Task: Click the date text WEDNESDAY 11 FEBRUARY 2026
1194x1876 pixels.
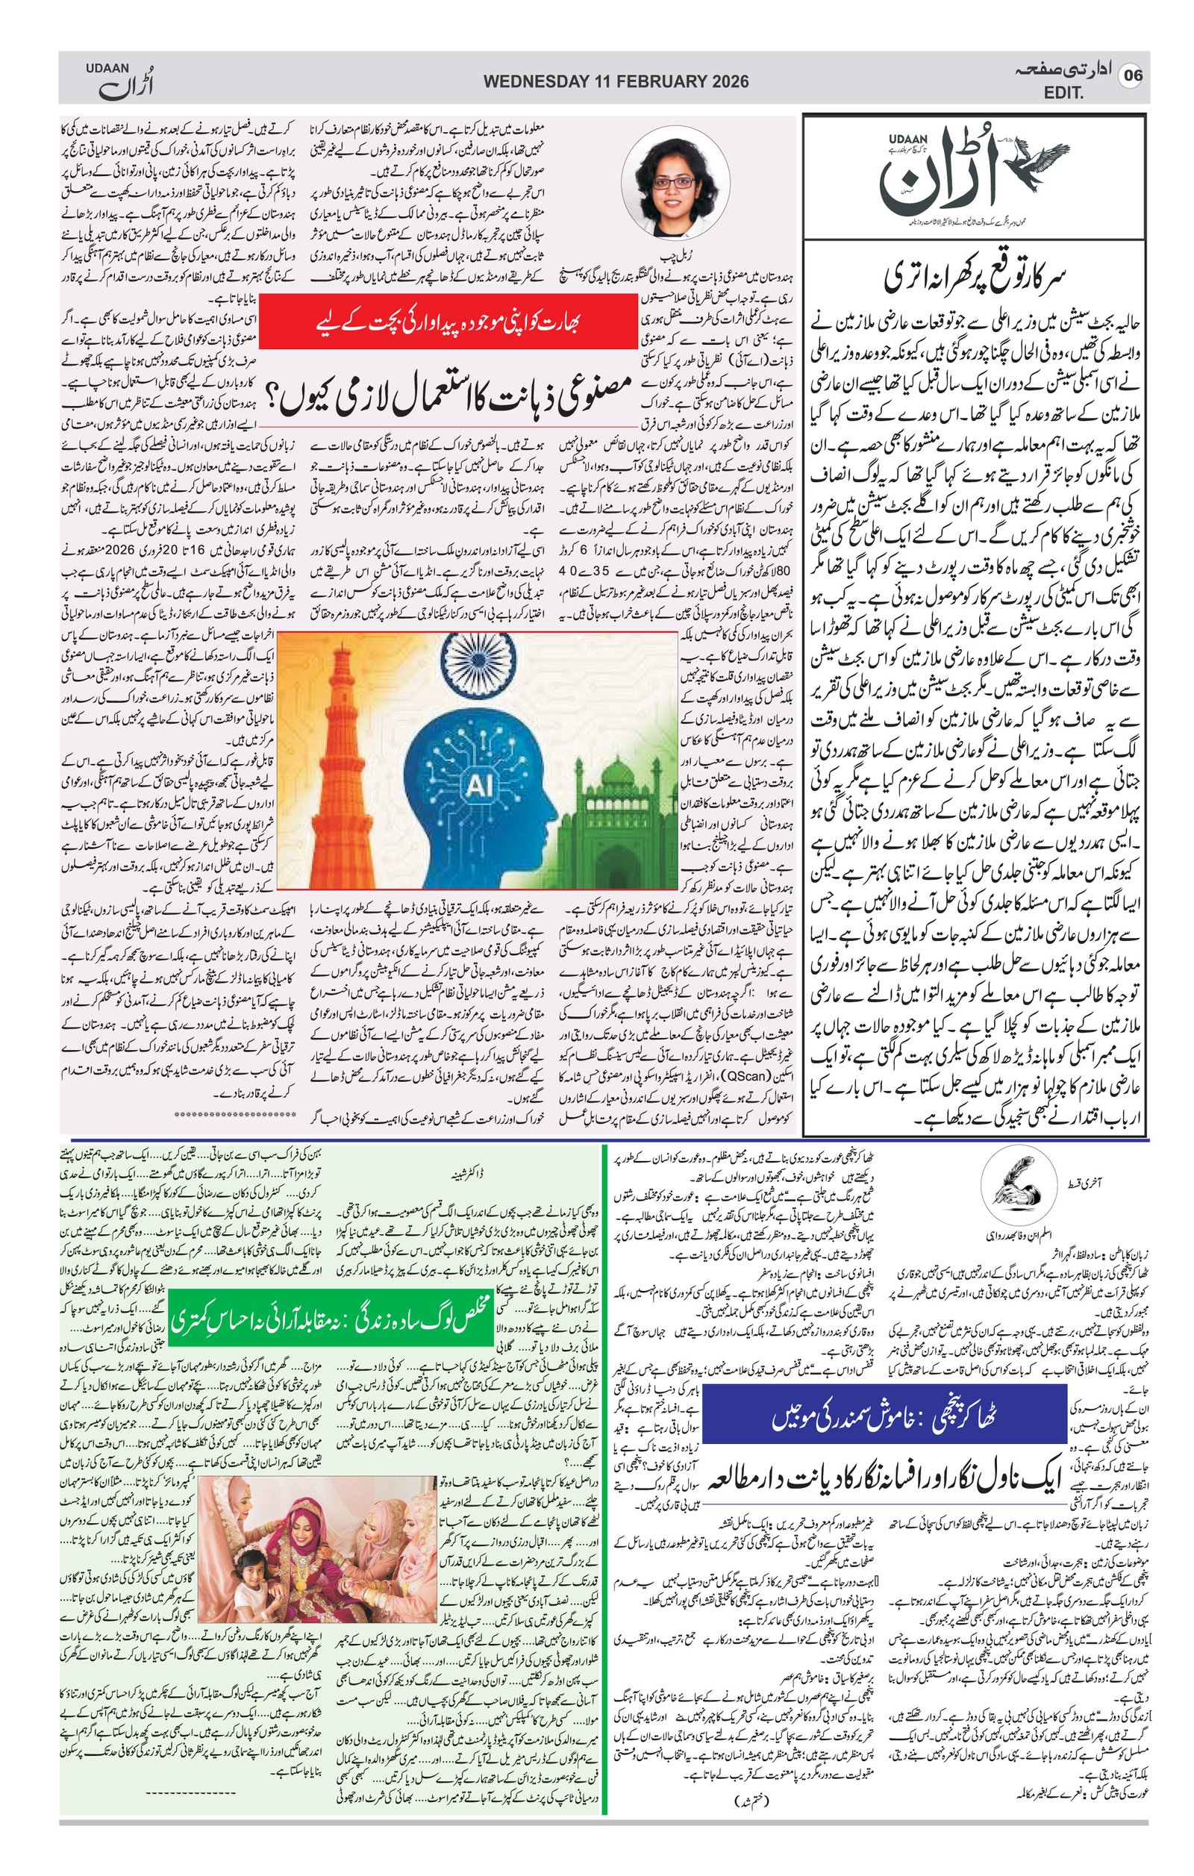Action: pos(616,81)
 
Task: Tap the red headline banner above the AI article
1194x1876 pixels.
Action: pos(450,320)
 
